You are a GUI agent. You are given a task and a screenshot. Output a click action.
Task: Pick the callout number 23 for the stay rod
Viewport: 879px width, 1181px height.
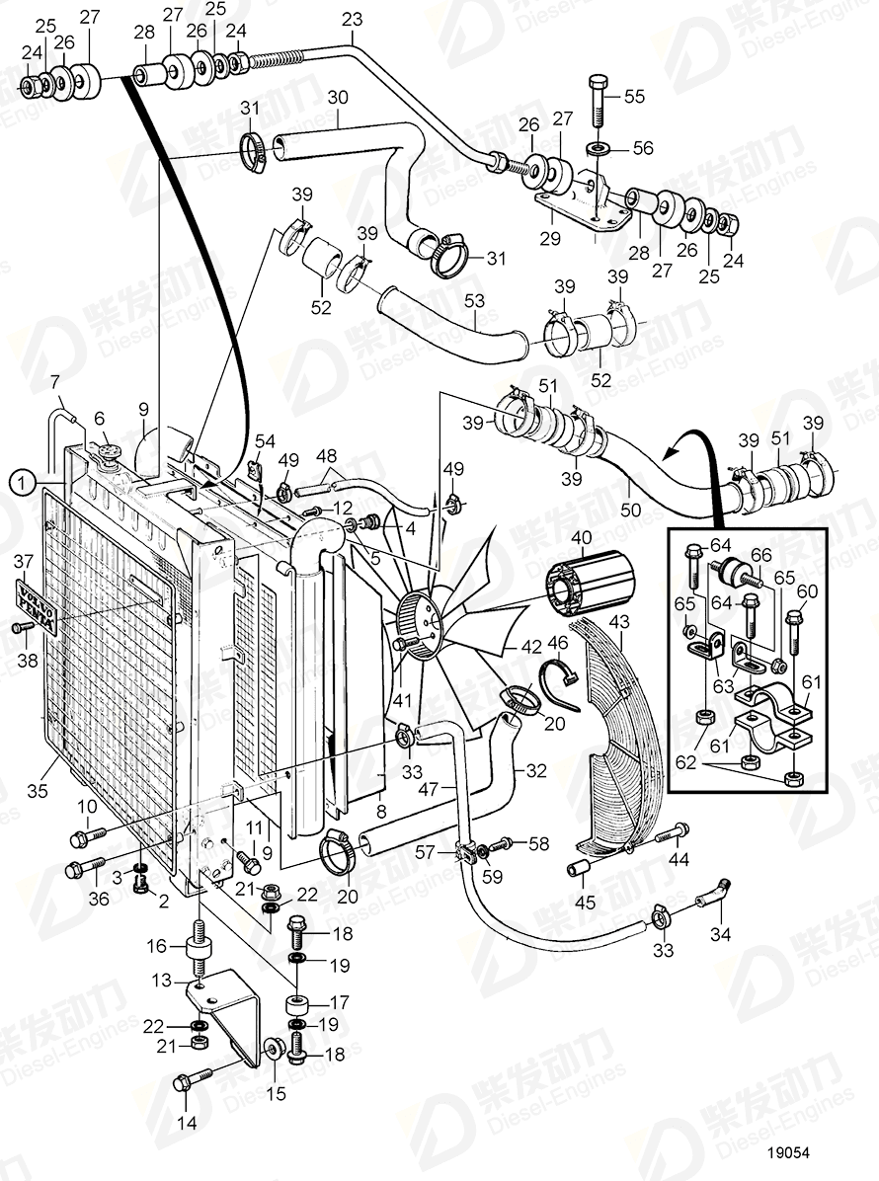pos(352,19)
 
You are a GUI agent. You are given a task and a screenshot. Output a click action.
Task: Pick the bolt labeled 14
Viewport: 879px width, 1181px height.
pos(192,1081)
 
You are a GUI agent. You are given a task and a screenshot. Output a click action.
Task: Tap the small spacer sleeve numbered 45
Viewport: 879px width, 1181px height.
pos(577,870)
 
